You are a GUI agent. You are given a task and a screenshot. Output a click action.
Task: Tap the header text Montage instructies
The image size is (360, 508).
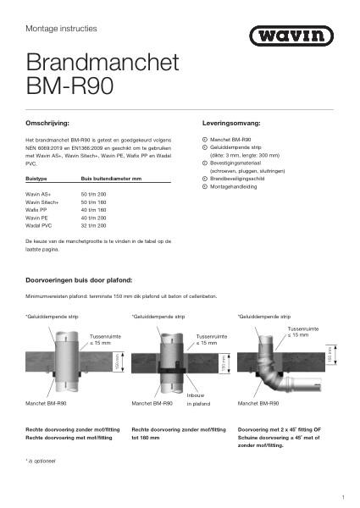(61, 29)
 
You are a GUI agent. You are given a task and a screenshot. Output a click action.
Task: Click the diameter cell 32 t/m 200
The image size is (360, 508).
(94, 225)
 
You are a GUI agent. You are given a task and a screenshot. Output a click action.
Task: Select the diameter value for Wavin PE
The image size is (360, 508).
(94, 218)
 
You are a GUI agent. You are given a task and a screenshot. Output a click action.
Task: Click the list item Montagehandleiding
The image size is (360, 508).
(234, 187)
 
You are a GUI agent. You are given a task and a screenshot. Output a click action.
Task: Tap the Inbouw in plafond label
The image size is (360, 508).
(201, 399)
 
